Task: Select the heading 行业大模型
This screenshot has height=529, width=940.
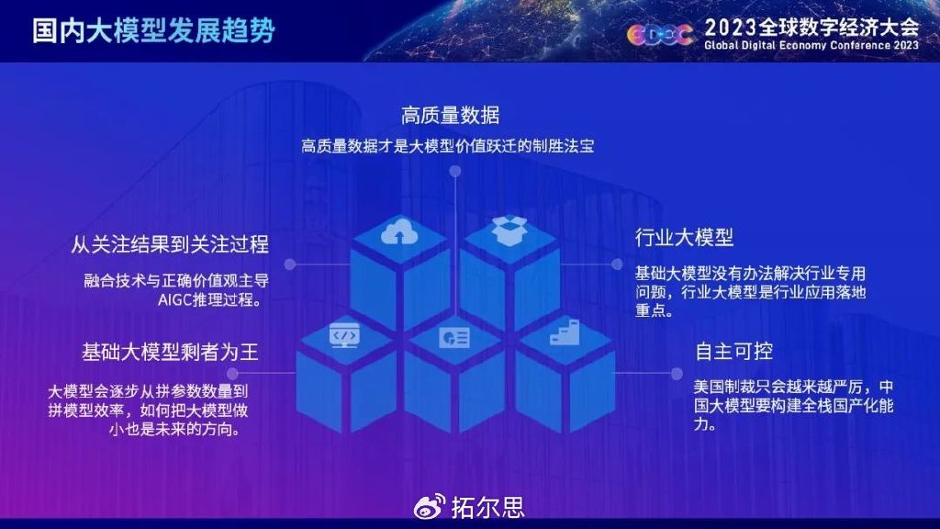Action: [685, 237]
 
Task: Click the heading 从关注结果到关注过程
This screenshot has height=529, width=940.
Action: [170, 243]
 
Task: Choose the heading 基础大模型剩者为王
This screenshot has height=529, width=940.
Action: [171, 352]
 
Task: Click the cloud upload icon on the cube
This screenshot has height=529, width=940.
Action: [400, 233]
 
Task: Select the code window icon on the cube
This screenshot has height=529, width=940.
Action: [343, 336]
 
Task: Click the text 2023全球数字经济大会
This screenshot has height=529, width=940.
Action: [811, 26]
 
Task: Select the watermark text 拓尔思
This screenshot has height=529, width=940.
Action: [487, 506]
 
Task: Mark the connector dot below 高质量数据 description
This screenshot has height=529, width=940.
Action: [453, 170]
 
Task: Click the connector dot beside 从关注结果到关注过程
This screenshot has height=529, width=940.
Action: [289, 264]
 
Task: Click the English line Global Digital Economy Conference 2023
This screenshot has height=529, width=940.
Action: [811, 45]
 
